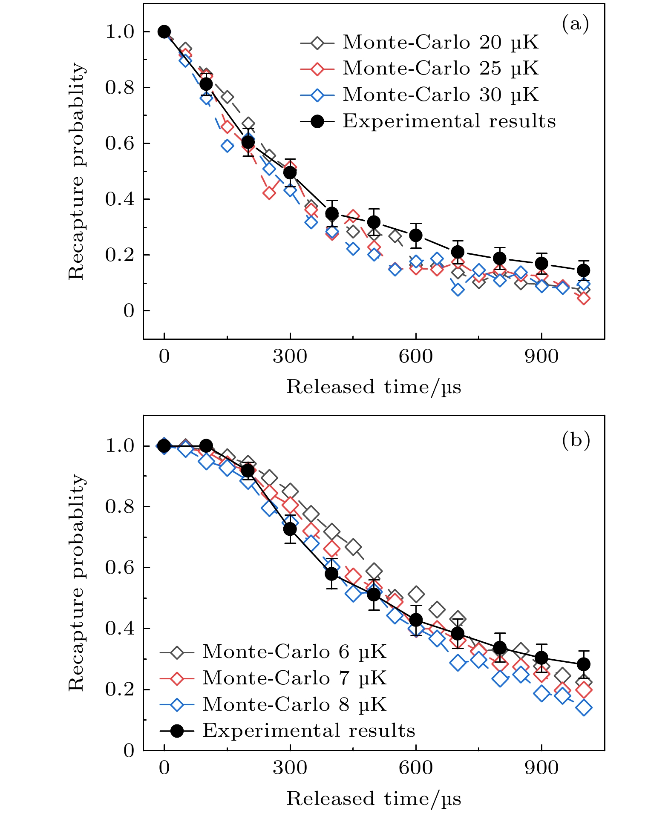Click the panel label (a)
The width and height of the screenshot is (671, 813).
coord(575,24)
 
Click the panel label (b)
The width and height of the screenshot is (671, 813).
coord(576,440)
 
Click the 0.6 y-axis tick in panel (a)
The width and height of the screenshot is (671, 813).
coord(119,144)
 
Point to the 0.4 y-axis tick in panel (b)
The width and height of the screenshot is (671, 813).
coord(119,629)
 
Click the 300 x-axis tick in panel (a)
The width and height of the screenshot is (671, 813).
coord(290,356)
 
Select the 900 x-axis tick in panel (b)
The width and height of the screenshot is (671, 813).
coord(541,768)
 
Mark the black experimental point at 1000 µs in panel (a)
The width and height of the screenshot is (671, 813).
coord(583,270)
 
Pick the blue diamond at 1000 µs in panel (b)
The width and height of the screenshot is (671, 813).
coord(583,708)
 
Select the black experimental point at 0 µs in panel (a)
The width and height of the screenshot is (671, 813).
coord(164,32)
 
